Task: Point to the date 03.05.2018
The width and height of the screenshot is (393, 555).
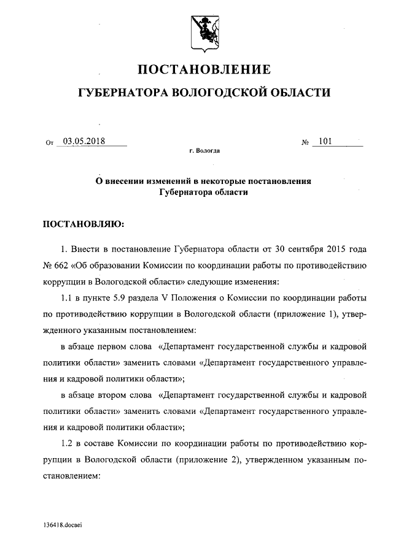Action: (x=84, y=141)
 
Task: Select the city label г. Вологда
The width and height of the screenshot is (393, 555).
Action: (x=204, y=150)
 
